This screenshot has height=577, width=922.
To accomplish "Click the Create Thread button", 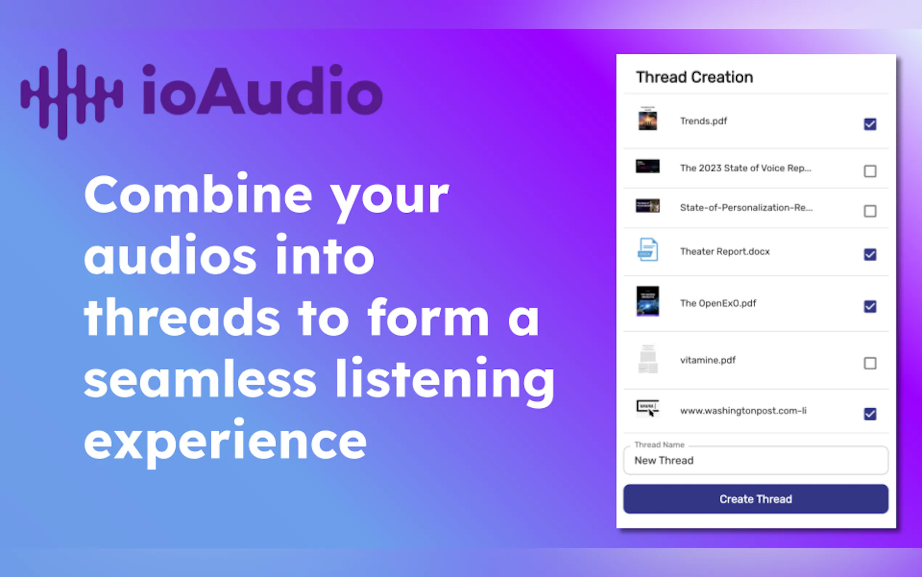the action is (755, 499).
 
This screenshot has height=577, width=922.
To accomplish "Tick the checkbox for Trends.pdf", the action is (870, 124).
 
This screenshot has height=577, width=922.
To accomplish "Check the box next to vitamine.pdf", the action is (870, 363).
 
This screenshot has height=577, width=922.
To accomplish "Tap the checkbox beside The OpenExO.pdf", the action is (870, 306).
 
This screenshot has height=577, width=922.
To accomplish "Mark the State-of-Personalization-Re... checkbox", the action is (870, 211).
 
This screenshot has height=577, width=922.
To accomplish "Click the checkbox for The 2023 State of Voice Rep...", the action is (870, 171).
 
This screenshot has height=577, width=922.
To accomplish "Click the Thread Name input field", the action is (755, 460).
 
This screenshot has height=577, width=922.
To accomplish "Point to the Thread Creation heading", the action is (694, 77).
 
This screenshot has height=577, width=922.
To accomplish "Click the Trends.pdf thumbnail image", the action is (648, 119).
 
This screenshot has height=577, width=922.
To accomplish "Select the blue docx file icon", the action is (648, 250).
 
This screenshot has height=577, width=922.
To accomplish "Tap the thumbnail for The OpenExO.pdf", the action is (648, 301).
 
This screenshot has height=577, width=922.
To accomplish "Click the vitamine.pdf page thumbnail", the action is (648, 359).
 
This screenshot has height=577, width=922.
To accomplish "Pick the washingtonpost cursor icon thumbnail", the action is (648, 408).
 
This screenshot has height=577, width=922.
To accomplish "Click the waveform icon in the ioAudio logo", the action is (72, 94).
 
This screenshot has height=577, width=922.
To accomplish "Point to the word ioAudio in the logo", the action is (262, 90).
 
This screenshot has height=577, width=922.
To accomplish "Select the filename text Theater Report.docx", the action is (725, 251).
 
